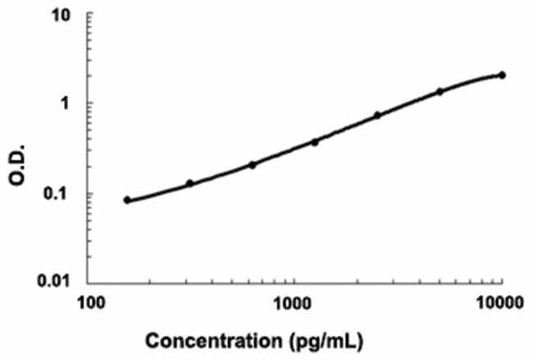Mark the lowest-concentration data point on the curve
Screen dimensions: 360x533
tap(127, 200)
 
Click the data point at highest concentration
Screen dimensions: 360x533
tap(502, 75)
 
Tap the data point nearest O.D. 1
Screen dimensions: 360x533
tap(440, 91)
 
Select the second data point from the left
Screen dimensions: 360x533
tap(189, 184)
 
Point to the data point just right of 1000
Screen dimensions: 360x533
tap(314, 142)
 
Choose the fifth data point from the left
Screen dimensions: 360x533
tap(377, 116)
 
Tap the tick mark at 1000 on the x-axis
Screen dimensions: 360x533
tap(294, 284)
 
